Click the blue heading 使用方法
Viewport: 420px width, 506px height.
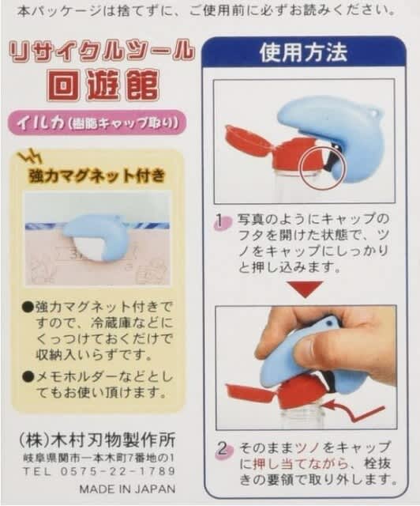click(303, 52)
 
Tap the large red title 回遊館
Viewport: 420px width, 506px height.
click(103, 85)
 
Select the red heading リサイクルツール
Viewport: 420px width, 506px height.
click(101, 51)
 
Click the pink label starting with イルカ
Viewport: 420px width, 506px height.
click(97, 123)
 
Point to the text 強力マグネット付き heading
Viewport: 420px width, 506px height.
click(97, 176)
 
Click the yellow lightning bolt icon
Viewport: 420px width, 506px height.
click(31, 156)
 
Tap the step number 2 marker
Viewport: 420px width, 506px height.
click(223, 450)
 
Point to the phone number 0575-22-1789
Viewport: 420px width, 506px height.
click(118, 471)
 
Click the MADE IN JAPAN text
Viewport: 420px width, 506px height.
click(127, 489)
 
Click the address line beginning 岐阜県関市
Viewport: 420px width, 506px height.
click(99, 457)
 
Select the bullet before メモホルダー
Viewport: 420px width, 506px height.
click(28, 376)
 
